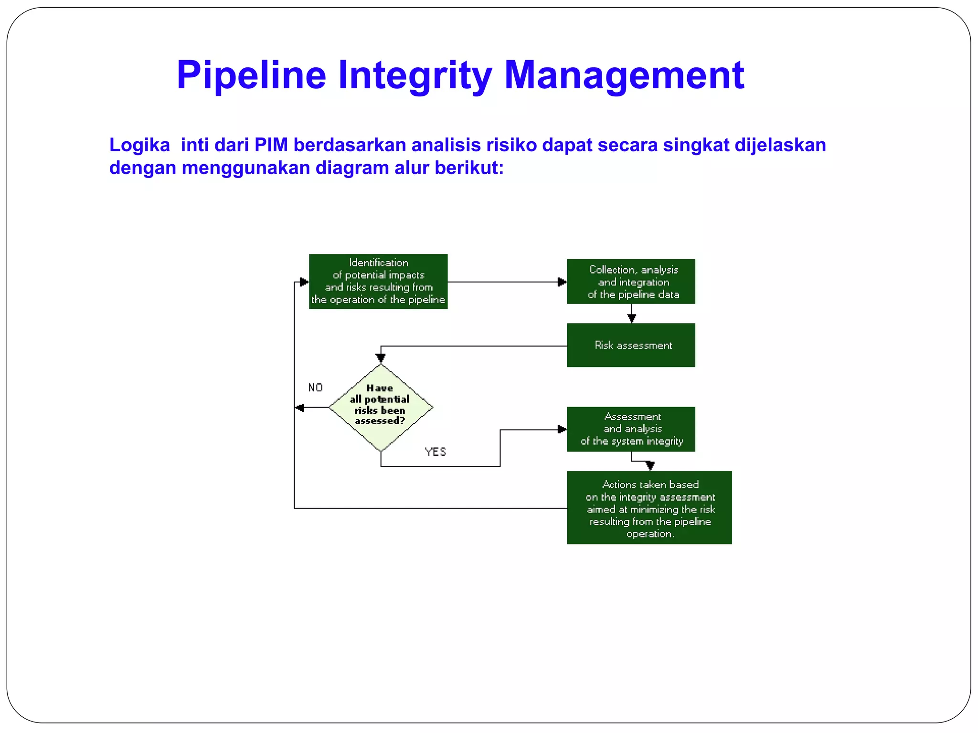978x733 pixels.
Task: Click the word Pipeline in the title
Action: click(251, 75)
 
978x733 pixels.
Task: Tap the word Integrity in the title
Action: click(415, 75)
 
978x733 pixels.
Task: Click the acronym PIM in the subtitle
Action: click(271, 145)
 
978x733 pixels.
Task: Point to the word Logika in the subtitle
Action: click(139, 145)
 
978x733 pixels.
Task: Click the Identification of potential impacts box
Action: click(378, 282)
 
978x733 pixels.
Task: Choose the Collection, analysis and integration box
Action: click(631, 282)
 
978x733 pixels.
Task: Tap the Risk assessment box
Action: click(631, 345)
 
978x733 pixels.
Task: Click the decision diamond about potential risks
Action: click(381, 407)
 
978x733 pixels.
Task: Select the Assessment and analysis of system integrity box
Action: click(631, 429)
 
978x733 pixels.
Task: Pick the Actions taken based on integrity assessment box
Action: click(649, 507)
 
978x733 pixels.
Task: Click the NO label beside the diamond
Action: click(316, 387)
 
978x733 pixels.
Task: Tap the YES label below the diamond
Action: click(435, 451)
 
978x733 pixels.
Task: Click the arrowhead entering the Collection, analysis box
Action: click(562, 282)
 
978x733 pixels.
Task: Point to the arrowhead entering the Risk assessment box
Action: click(631, 319)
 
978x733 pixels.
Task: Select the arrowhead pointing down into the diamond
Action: click(381, 358)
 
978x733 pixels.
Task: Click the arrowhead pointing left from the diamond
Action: click(300, 408)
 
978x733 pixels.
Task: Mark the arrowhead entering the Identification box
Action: click(304, 282)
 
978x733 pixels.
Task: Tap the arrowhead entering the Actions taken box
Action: click(649, 466)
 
